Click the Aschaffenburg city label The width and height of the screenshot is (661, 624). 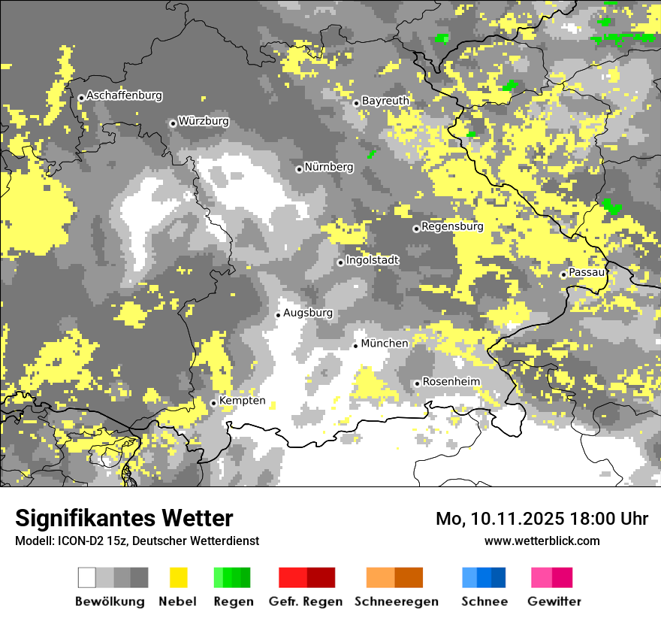coord(124,96)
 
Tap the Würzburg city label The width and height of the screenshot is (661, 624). coord(204,122)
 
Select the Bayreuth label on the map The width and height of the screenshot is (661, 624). coord(385,101)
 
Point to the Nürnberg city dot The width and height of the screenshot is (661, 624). coord(299,169)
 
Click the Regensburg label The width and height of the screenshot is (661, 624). coord(452,226)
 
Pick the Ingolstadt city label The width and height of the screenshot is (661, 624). coord(373,260)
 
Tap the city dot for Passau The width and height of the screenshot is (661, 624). coord(563,274)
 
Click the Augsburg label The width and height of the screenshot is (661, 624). coord(308,313)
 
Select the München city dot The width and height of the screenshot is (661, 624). coord(356,346)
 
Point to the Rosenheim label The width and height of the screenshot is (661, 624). coord(451,382)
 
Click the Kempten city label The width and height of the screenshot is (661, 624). coord(243,401)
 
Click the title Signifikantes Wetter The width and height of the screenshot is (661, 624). coord(124,518)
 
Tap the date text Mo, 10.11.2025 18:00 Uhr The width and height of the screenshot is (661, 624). coord(542,519)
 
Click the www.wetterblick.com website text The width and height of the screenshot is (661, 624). coord(542,541)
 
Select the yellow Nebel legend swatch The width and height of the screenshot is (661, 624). coord(178,577)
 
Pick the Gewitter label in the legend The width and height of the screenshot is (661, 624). coord(554,601)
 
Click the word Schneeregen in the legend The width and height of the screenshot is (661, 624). coord(397,601)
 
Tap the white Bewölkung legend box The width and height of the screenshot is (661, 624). coord(87,577)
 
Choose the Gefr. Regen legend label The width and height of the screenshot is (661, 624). coord(306,601)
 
